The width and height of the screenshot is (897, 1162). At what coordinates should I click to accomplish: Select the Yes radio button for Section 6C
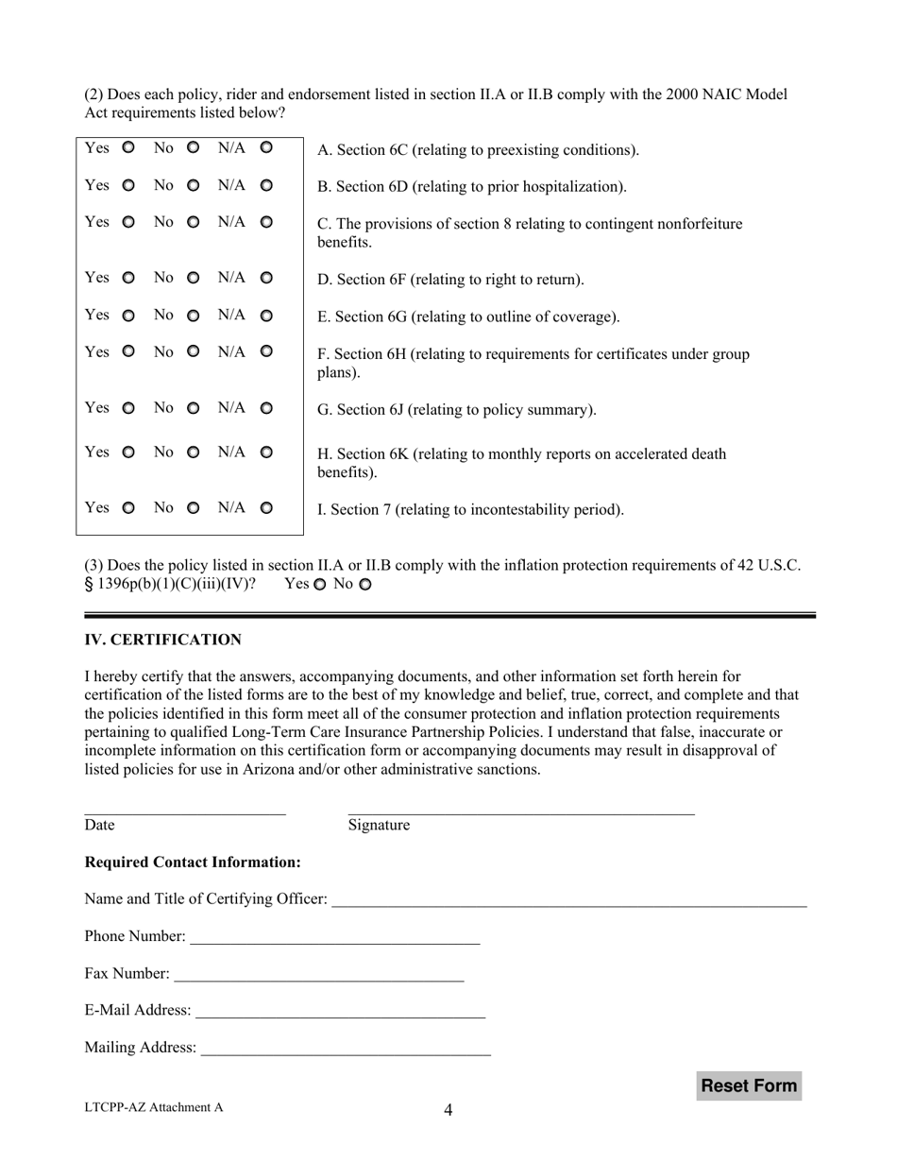(x=128, y=148)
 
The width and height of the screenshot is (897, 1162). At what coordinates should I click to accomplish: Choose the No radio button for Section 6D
(x=194, y=186)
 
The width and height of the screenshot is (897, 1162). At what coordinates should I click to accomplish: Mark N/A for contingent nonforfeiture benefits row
(x=266, y=222)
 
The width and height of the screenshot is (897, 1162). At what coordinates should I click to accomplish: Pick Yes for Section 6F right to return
(x=128, y=278)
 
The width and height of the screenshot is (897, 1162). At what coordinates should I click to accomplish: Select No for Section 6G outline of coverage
(x=194, y=315)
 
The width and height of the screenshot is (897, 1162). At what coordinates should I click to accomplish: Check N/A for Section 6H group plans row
(x=266, y=351)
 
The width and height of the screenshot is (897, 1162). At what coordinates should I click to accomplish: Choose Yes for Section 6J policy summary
(x=128, y=408)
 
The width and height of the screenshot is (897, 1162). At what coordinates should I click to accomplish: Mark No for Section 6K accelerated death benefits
(x=194, y=453)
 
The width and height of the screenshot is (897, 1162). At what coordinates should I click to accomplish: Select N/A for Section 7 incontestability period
(x=266, y=508)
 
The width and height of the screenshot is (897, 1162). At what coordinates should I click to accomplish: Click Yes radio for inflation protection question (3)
(x=319, y=585)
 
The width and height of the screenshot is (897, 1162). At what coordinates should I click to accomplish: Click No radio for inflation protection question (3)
(x=365, y=585)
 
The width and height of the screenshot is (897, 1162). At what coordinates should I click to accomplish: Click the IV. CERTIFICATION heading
(x=162, y=640)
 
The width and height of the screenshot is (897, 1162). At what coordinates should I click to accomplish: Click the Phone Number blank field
(x=334, y=936)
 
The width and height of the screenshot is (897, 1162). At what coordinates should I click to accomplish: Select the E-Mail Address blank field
(x=340, y=1011)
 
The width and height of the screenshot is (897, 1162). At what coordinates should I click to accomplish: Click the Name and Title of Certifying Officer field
(x=569, y=898)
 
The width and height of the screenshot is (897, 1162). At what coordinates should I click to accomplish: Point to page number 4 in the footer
(x=448, y=1110)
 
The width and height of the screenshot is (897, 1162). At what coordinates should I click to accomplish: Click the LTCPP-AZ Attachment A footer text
(x=154, y=1108)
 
